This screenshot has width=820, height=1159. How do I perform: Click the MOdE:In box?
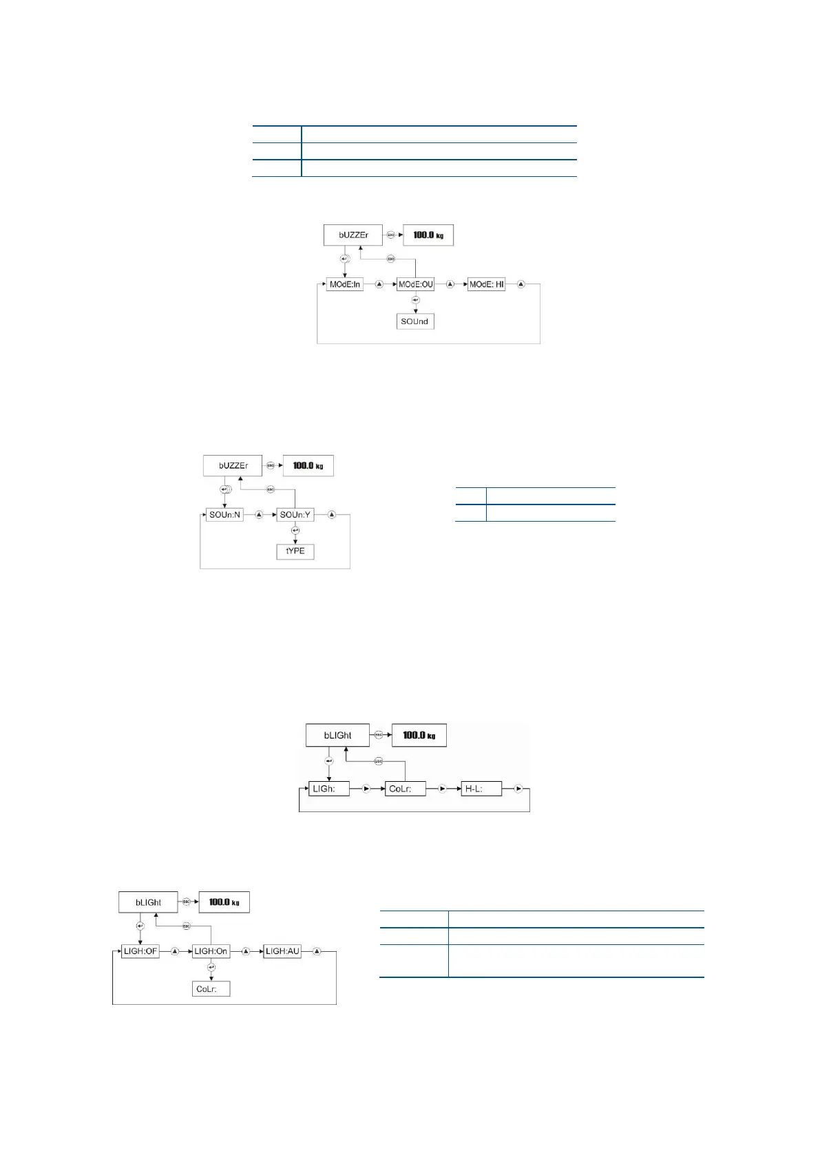pos(344,284)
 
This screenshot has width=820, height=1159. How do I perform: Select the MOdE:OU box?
pos(416,284)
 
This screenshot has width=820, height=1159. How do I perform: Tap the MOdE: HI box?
pos(486,284)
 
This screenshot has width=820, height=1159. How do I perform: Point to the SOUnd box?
pos(415,321)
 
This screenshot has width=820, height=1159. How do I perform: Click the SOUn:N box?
pos(224,515)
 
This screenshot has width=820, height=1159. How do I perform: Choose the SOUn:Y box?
pos(295,515)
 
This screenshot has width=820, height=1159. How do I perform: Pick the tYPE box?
pos(295,551)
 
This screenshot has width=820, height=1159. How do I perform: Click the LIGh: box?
pos(329,789)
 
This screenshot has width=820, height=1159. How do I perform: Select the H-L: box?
pos(481,789)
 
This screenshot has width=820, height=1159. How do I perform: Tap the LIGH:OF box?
pos(140,951)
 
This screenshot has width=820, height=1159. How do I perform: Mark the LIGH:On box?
pos(211,951)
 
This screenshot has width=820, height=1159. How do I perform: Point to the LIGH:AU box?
pos(282,951)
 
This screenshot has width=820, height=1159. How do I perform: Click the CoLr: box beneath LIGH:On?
pos(211,989)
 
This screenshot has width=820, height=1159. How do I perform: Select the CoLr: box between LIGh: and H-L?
pos(405,789)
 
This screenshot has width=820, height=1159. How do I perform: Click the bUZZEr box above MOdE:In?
pos(353,235)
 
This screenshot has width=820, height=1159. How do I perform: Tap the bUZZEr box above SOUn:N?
pos(233,466)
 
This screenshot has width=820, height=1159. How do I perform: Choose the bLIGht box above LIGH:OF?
pos(148,902)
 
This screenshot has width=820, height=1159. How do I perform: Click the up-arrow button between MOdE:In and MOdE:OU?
pos(379,284)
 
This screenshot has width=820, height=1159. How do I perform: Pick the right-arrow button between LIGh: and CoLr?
pos(366,789)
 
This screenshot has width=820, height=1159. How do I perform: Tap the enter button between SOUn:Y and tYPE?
pos(295,531)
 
